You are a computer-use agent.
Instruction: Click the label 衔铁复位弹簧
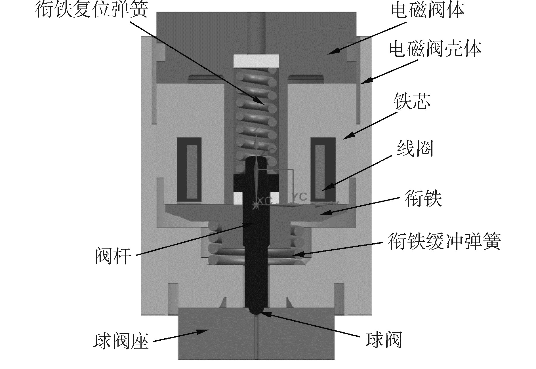point(92,11)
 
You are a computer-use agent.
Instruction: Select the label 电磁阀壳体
point(435,49)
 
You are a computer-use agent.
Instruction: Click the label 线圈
point(415,149)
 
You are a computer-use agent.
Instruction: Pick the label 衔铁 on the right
point(423,198)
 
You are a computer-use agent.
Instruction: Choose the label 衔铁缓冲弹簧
point(444,242)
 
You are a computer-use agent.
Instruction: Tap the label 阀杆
point(113,256)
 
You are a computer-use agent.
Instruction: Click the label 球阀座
point(121,341)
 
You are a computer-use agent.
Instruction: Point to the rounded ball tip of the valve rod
point(256,311)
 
